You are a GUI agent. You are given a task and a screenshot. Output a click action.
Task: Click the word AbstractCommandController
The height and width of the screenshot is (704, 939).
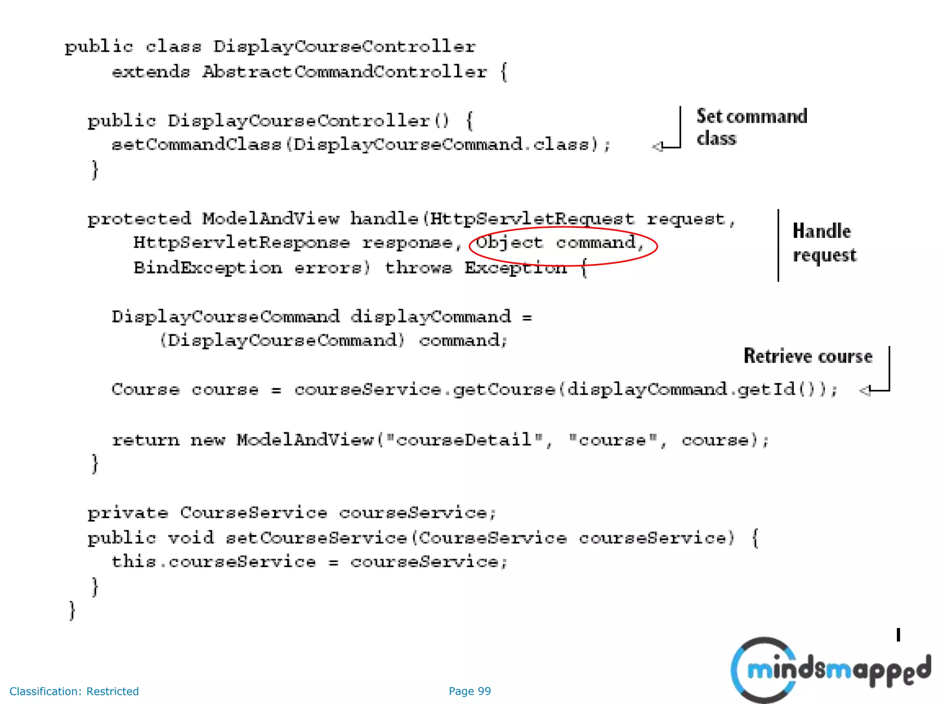[x=344, y=72]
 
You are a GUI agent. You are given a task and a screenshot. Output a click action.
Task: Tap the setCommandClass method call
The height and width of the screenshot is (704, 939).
[x=196, y=145]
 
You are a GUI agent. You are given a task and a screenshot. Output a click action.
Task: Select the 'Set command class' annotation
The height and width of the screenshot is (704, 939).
[x=751, y=127]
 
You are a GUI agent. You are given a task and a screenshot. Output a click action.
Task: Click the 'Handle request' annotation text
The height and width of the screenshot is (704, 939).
[x=824, y=243]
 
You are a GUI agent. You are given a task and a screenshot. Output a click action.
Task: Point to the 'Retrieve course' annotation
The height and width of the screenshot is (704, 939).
[x=808, y=356]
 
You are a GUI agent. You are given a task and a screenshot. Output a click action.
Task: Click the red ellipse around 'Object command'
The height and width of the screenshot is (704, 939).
[x=563, y=246]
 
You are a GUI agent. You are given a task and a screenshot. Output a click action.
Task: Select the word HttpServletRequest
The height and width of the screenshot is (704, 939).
[x=532, y=219]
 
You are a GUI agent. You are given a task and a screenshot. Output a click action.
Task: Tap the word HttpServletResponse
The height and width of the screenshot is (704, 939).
[x=242, y=242]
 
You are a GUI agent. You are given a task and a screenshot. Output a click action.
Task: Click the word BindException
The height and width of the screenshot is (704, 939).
[x=208, y=268]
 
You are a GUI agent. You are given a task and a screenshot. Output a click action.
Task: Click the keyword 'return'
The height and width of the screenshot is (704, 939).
[x=146, y=440]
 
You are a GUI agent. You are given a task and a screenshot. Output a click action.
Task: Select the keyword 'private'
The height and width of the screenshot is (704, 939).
[x=128, y=513]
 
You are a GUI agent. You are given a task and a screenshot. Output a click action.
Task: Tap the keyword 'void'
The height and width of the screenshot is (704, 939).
[x=191, y=538]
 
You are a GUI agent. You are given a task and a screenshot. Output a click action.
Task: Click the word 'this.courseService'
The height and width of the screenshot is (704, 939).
[x=214, y=562]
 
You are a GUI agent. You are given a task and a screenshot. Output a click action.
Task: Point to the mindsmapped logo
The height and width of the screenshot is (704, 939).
[x=830, y=670]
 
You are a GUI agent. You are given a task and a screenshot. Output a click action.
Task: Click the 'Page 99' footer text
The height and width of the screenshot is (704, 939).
[x=469, y=691]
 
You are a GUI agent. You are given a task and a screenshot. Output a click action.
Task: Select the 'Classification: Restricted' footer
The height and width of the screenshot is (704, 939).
[x=74, y=691]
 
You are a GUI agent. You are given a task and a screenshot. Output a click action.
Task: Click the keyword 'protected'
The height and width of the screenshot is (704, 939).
[x=139, y=219]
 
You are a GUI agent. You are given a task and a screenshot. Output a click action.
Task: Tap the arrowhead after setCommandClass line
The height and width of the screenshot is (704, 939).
[x=657, y=147]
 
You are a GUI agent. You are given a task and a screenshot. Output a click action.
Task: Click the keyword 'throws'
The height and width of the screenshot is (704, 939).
[x=418, y=268]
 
